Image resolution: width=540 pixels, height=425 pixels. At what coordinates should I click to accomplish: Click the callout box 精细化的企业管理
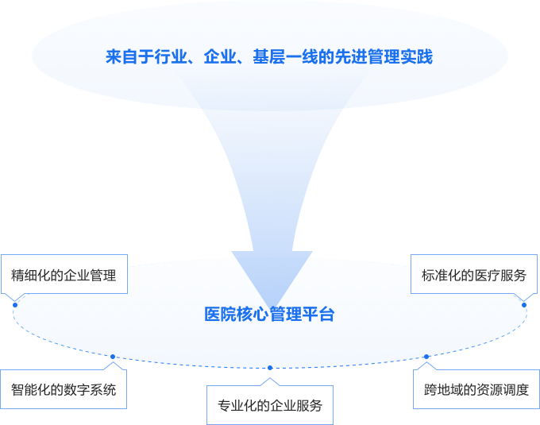coord(64,276)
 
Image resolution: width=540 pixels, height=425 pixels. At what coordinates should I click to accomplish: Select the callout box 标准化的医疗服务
coord(473,276)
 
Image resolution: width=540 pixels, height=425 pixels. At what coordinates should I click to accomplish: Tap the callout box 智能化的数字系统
coord(64,389)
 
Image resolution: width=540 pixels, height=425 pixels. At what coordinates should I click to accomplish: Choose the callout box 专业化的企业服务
coord(270,405)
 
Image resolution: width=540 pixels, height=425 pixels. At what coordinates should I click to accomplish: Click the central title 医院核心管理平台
coord(269,315)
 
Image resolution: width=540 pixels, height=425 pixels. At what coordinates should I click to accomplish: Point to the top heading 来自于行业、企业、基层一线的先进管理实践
coord(269,57)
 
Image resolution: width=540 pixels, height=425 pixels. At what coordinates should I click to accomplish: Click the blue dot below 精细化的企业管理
coord(15,305)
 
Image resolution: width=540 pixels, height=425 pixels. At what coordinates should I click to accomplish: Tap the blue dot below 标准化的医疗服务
coord(524,305)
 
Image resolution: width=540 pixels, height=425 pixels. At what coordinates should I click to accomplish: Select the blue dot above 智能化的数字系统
coord(113,357)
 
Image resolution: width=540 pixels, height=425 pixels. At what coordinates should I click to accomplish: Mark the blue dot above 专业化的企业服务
coord(270,368)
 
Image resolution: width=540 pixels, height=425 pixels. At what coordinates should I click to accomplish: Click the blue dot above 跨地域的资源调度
coord(426,357)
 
